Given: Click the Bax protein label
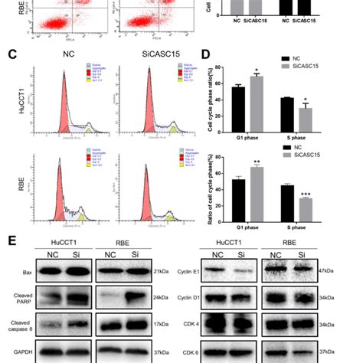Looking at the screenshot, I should [x=15, y=273].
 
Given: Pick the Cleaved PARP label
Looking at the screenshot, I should [x=18, y=300].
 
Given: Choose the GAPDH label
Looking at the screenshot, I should [x=17, y=352].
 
